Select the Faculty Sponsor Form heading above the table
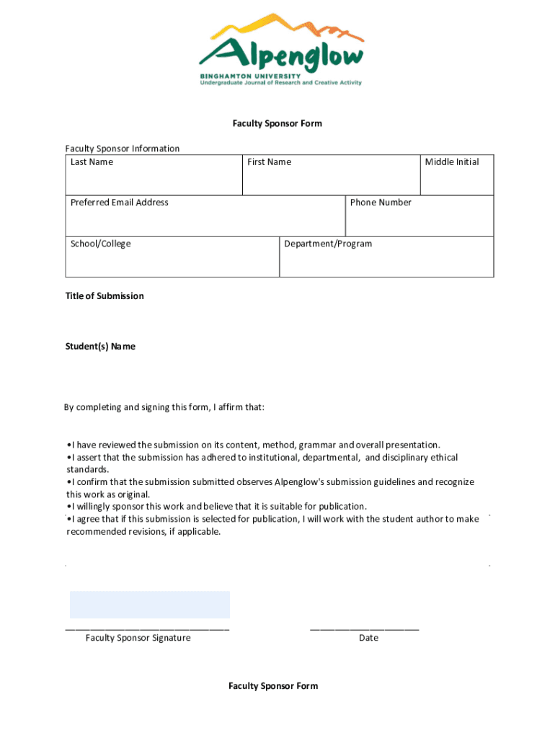pyautogui.click(x=277, y=123)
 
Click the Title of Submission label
pyautogui.click(x=105, y=296)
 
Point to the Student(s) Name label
pyautogui.click(x=100, y=347)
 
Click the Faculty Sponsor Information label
pyautogui.click(x=123, y=148)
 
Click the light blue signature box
pyautogui.click(x=149, y=605)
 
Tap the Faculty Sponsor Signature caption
pyautogui.click(x=138, y=638)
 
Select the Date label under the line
pyautogui.click(x=368, y=638)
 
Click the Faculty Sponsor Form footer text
pyautogui.click(x=273, y=686)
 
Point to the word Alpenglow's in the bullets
pyautogui.click(x=301, y=482)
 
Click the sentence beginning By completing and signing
pyautogui.click(x=164, y=407)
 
